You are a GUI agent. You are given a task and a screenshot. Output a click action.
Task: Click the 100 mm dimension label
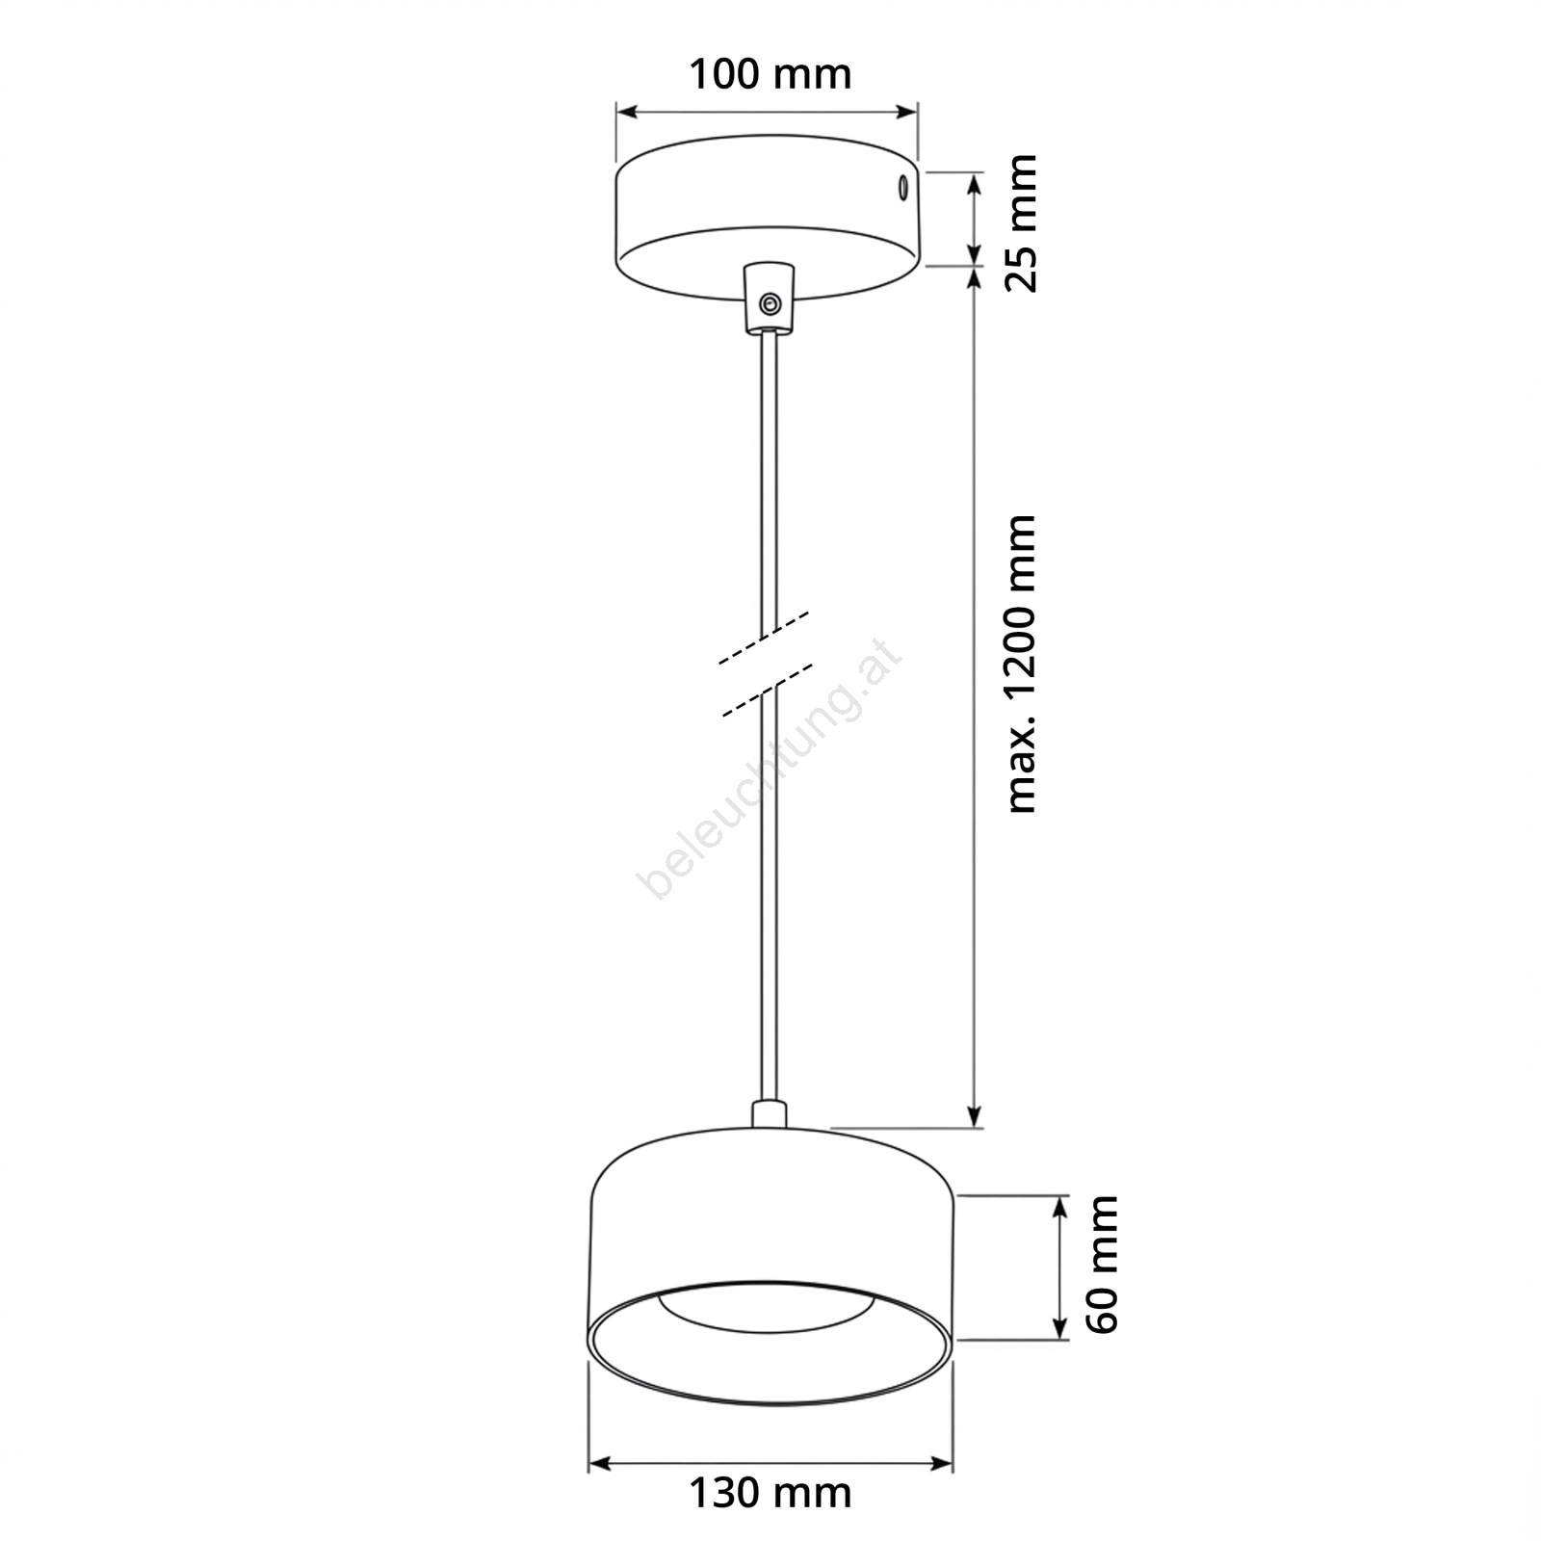[x=770, y=74]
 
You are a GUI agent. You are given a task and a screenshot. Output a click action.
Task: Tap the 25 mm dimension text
[x=1020, y=222]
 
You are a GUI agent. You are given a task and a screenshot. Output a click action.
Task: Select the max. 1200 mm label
[x=1020, y=664]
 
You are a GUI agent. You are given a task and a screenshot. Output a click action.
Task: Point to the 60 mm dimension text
[x=1102, y=1265]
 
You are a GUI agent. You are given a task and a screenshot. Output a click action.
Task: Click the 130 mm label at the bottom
[x=770, y=1494]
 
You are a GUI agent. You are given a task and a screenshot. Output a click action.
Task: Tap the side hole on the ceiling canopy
[x=903, y=186]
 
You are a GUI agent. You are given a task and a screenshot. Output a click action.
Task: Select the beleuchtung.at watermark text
[x=770, y=767]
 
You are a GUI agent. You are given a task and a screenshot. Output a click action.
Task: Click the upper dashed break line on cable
[x=764, y=637]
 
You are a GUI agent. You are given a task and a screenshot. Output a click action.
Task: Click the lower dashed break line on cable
[x=766, y=689]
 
